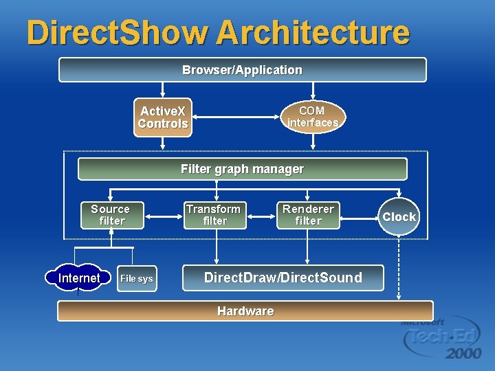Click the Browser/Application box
pos(242,69)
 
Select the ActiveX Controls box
pos(163,117)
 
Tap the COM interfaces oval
pos(313,117)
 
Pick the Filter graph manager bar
pos(242,169)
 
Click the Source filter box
pos(111,215)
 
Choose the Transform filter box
pos(214,215)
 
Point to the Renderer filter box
pos(308,215)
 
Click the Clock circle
pos(399,217)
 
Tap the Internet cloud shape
pos(78,278)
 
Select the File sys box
pos(136,278)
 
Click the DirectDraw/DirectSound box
pos(283,278)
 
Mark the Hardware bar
pos(245,311)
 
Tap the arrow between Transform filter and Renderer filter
pos(261,216)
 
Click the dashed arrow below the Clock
pos(399,268)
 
